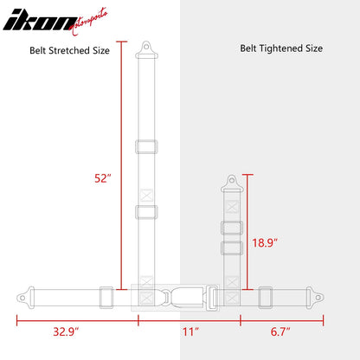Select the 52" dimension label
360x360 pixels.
[x=103, y=178]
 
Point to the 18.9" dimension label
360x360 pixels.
[x=265, y=243]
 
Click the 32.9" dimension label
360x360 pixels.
[x=66, y=331]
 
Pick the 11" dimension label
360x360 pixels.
[x=190, y=331]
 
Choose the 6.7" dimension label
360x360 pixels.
[x=280, y=331]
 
